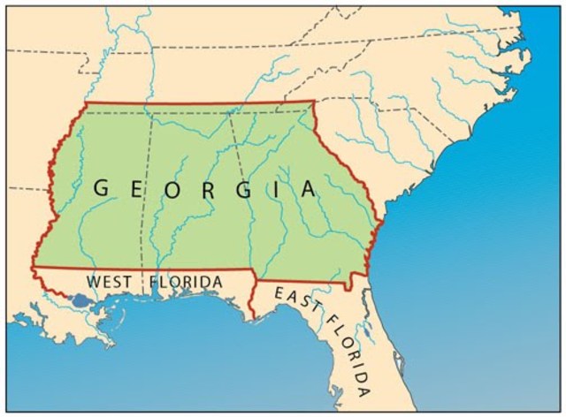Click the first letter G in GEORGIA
tap(102, 187)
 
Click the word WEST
tap(109, 282)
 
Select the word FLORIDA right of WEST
tap(186, 282)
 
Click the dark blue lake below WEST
tap(81, 301)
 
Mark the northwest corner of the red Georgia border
tap(86, 102)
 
